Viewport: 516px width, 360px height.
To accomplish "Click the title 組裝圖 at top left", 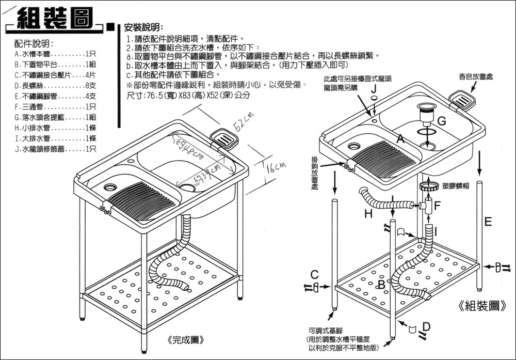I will [x=54, y=20].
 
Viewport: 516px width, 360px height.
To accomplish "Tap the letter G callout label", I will [x=441, y=121].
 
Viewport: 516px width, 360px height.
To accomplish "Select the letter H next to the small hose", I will [x=368, y=213].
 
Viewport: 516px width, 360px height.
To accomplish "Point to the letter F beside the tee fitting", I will [x=437, y=206].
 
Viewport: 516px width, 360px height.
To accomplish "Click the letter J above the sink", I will [x=373, y=89].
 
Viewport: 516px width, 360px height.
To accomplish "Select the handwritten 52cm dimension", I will [x=241, y=123].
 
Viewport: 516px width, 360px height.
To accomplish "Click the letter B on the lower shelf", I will [x=381, y=285].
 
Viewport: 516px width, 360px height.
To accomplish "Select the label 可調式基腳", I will [x=326, y=331].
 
